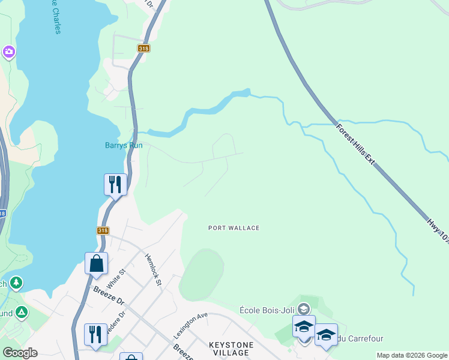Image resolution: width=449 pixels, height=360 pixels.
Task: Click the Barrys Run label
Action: coord(124,145)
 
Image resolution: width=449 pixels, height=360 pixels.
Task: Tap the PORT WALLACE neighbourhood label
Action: coord(234,228)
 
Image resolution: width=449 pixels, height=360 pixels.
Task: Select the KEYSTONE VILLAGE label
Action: coord(231,349)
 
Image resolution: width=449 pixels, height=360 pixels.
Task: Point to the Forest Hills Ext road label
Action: coord(356,145)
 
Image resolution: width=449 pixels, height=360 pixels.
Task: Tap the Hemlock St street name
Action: coord(154,269)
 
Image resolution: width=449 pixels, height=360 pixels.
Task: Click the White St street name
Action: coord(116,280)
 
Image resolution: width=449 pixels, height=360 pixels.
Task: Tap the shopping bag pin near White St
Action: coord(96,263)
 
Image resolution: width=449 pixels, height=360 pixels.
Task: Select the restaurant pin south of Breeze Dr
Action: coord(95,334)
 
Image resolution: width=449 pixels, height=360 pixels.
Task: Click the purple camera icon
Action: coord(8,52)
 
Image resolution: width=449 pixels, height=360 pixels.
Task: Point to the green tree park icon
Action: coord(16,281)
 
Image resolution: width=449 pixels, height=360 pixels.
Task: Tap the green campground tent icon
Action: coord(22,312)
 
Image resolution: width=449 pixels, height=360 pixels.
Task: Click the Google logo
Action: coord(20,353)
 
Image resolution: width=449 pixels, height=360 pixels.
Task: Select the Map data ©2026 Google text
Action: coord(412,355)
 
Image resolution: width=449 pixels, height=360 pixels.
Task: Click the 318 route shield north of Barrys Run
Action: coord(143,48)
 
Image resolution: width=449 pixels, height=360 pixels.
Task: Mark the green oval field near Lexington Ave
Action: coord(202,275)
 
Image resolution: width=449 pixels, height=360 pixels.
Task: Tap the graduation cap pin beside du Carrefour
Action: coord(326,335)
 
